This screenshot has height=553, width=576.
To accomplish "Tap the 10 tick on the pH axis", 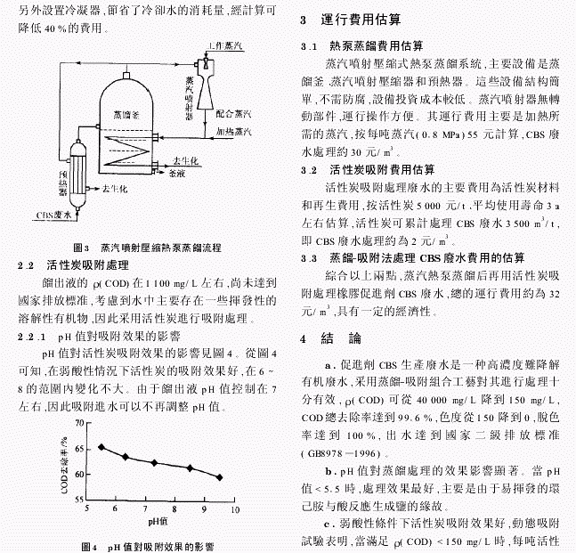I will pyautogui.click(x=235, y=510).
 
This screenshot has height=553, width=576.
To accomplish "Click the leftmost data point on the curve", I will pyautogui.click(x=101, y=447).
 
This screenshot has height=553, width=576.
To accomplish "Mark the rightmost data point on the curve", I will pyautogui.click(x=220, y=476).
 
